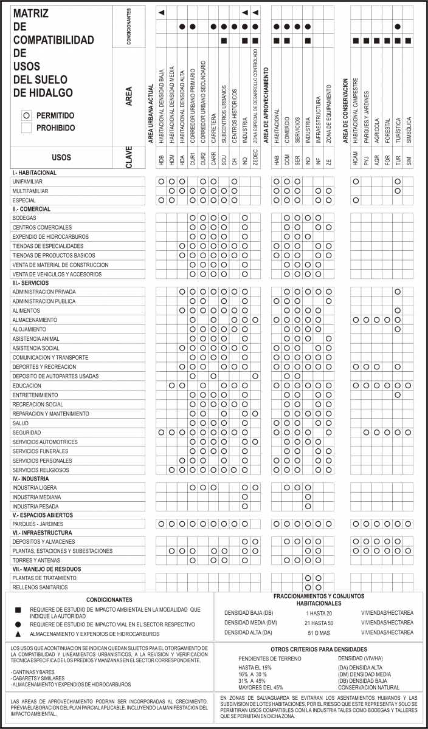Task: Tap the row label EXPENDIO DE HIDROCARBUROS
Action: click(50, 236)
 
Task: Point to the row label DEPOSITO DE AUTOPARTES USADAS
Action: click(55, 376)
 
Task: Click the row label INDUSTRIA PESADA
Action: click(35, 506)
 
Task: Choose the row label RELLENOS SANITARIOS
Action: click(40, 587)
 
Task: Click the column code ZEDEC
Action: click(255, 158)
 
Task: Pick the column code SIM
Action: click(408, 161)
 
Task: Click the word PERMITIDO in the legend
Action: click(55, 115)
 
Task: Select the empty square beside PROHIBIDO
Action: click(26, 128)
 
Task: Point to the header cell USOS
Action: click(61, 157)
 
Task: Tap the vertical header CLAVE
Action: click(129, 157)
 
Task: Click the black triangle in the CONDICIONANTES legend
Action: click(18, 635)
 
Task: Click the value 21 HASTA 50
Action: click(319, 623)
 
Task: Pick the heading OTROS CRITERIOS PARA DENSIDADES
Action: click(319, 649)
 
